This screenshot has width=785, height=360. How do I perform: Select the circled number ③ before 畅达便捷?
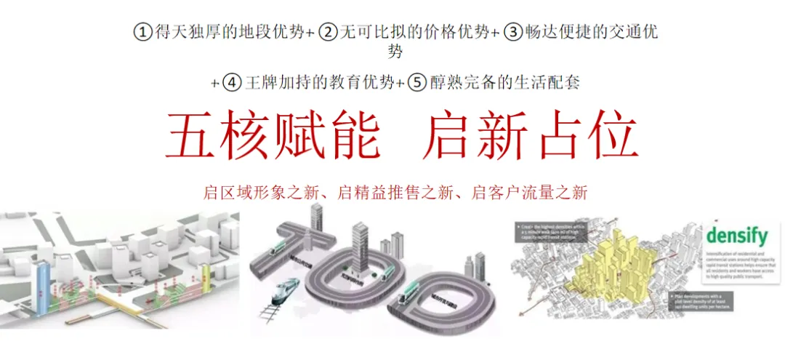click(x=514, y=33)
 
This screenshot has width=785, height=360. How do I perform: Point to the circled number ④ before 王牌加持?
click(x=232, y=81)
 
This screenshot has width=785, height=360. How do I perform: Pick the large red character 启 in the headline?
click(x=448, y=136)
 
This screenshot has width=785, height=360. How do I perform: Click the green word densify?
click(x=736, y=236)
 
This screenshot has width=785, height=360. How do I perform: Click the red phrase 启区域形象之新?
click(x=259, y=193)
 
